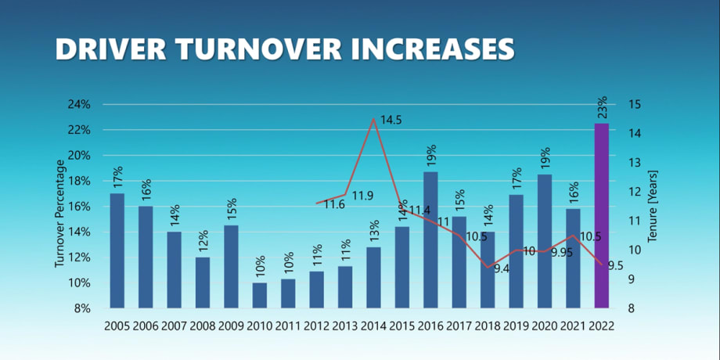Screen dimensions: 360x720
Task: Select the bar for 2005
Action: (x=117, y=250)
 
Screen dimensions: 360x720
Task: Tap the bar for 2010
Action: (x=259, y=295)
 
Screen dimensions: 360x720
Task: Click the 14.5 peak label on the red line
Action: (x=391, y=121)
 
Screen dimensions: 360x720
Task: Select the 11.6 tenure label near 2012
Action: (x=334, y=205)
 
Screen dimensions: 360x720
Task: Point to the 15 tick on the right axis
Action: (x=634, y=104)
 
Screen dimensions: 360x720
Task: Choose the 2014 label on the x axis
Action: (x=373, y=326)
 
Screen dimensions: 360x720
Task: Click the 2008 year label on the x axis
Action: (x=202, y=326)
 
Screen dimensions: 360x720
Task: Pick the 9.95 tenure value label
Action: (x=562, y=252)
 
